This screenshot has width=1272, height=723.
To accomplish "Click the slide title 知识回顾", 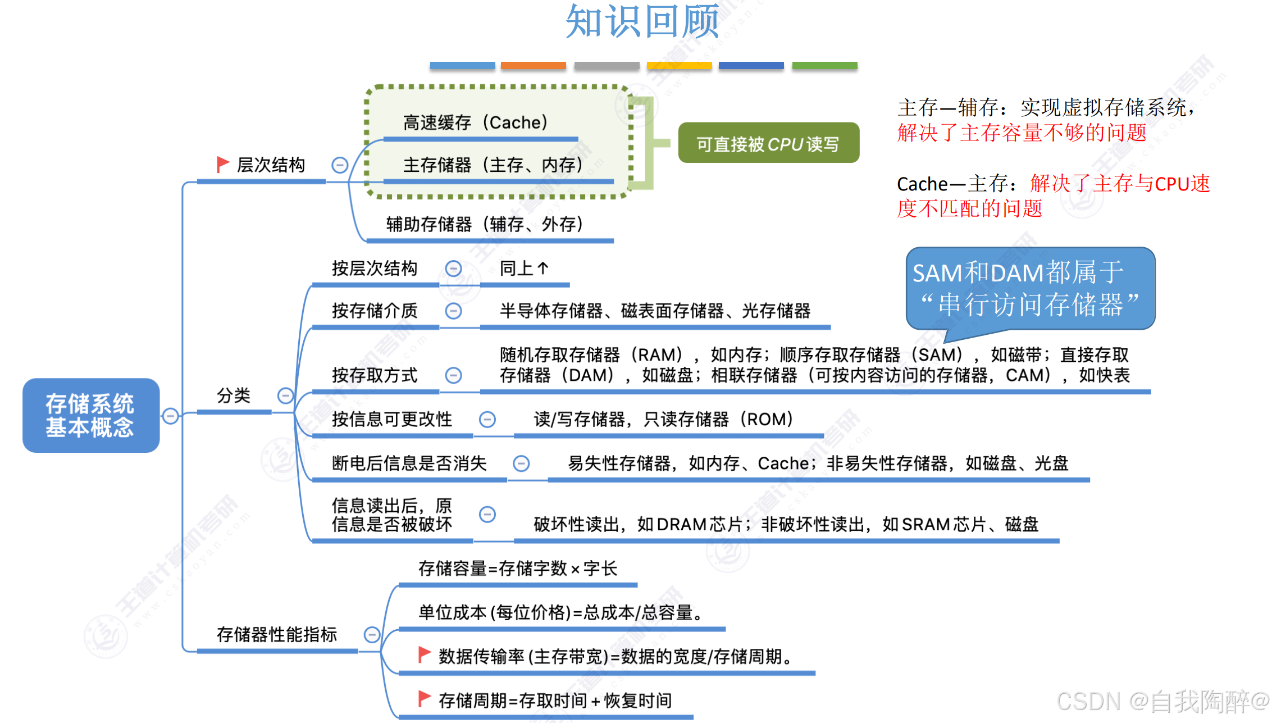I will click(x=642, y=21).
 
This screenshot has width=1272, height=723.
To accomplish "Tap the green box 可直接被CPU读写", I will click(x=768, y=144).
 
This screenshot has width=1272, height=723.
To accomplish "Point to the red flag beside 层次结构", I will click(x=222, y=165).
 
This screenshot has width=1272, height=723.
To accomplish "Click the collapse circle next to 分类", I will click(x=285, y=395).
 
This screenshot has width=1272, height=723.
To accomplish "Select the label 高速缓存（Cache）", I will click(x=475, y=122).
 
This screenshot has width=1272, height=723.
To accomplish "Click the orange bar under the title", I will click(x=533, y=66).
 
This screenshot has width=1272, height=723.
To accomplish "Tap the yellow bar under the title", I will click(x=679, y=66).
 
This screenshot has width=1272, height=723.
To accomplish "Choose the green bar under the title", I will click(x=824, y=66).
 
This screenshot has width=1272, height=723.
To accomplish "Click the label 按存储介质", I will click(x=375, y=311).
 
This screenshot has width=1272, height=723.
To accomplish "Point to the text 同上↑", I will click(x=524, y=269).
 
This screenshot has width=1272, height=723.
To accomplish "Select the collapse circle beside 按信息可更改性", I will click(x=487, y=419).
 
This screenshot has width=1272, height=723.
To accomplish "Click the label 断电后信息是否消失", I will click(x=409, y=463).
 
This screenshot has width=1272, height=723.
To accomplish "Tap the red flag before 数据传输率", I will click(x=425, y=654).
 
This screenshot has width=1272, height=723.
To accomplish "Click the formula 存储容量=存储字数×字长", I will click(x=517, y=569).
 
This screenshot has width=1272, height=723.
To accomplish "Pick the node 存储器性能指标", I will click(x=277, y=635).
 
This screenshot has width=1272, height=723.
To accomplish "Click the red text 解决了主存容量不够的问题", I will click(x=1022, y=133).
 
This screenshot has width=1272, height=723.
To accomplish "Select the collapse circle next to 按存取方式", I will click(x=453, y=375).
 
